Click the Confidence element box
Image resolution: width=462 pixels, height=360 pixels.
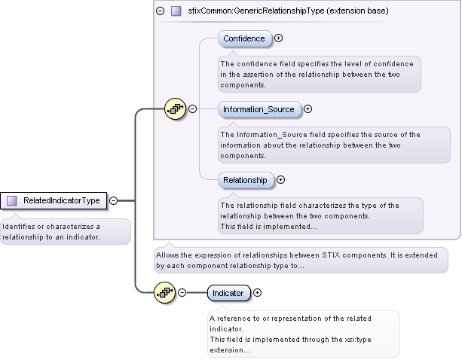[x=244, y=38]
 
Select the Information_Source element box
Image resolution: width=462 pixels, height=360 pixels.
[x=259, y=109]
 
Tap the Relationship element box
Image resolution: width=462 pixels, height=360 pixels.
[x=245, y=180]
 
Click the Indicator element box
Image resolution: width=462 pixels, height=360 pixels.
[x=228, y=293]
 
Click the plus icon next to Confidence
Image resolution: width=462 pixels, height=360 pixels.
[x=279, y=38]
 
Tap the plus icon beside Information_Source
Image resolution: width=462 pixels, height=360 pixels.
[x=308, y=109]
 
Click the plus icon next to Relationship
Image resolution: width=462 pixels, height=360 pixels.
[x=281, y=180]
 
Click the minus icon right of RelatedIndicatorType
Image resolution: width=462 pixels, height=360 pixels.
[x=113, y=200]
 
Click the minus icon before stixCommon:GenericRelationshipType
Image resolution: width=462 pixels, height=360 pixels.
[x=160, y=11]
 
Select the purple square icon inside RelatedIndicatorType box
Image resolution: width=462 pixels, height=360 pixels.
[x=12, y=200]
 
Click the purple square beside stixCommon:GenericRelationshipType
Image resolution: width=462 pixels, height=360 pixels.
[x=176, y=11]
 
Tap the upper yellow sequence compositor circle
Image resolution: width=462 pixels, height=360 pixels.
[x=175, y=109]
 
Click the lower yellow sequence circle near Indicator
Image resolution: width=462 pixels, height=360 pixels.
[x=164, y=293]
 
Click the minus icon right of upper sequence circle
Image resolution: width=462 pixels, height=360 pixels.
[x=192, y=109]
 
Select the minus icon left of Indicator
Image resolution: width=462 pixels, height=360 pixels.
[x=182, y=293]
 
